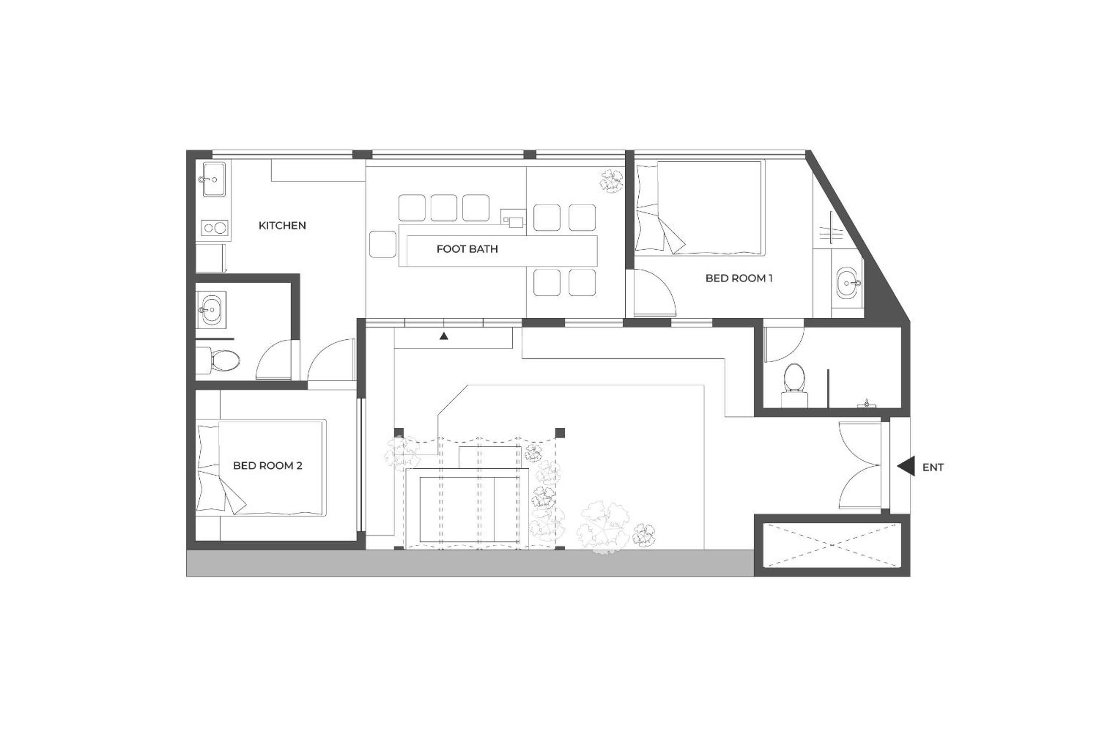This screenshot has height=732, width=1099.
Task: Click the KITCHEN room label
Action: [x=282, y=225]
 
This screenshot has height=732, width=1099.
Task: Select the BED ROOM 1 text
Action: [x=739, y=278]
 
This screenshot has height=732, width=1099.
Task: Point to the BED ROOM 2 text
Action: [x=267, y=465]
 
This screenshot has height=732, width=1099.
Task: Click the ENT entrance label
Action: [x=933, y=467]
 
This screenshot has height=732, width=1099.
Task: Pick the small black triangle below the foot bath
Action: [x=444, y=335]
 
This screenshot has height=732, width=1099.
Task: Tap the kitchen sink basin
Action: [x=214, y=179]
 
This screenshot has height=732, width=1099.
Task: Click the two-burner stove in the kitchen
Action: [x=215, y=228]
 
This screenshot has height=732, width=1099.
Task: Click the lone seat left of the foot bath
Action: [x=383, y=243]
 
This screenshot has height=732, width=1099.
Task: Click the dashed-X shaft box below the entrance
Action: [x=832, y=545]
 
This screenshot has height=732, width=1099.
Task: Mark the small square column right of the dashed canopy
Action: [x=560, y=433]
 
